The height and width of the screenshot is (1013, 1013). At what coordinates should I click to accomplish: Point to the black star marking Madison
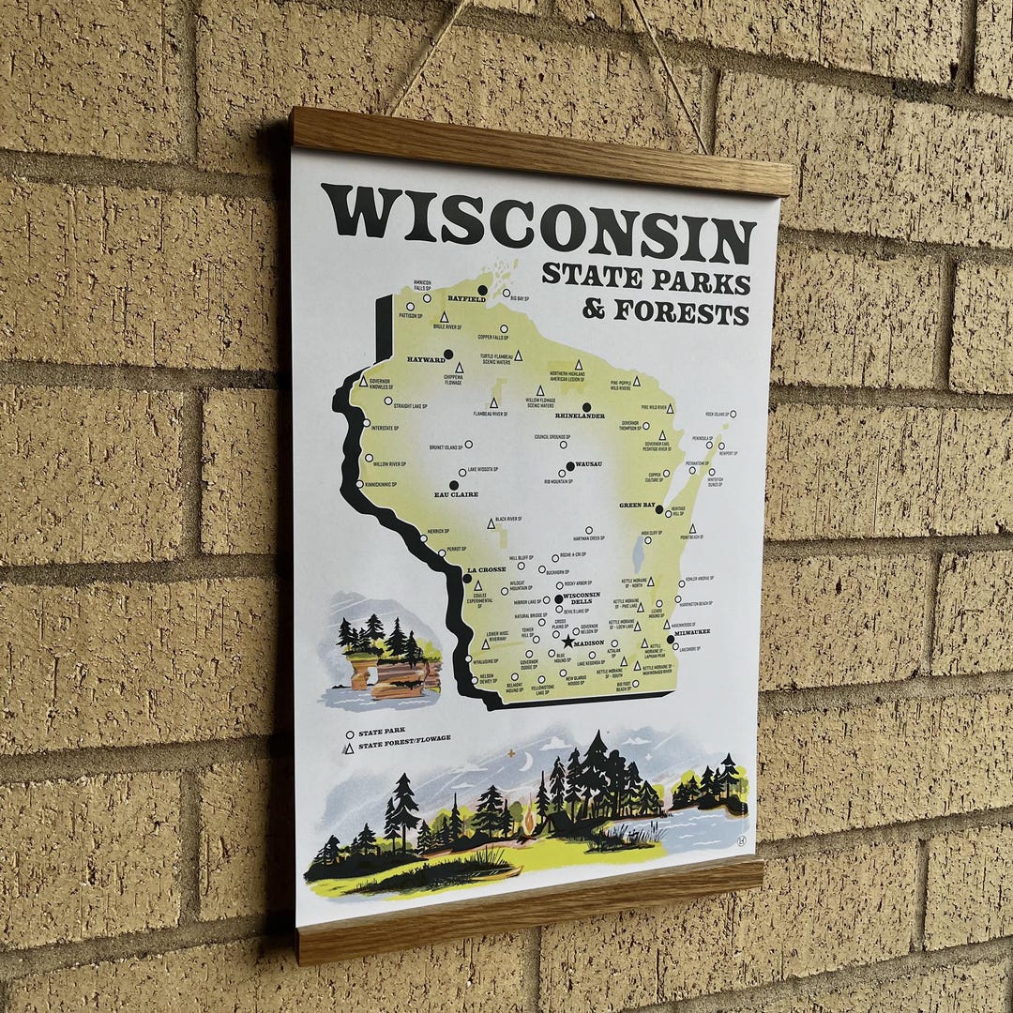(567, 643)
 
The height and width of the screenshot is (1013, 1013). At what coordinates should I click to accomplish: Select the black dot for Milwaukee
(671, 641)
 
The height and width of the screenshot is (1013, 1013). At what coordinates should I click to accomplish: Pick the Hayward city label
(426, 359)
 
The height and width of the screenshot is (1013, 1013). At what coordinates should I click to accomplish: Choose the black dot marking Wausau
(569, 465)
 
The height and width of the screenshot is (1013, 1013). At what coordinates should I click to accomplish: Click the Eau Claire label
(456, 494)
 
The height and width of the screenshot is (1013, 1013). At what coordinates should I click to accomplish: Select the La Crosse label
(486, 569)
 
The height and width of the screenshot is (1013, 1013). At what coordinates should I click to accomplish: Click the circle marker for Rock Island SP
(733, 414)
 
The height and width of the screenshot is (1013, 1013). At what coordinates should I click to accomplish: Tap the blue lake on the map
(639, 554)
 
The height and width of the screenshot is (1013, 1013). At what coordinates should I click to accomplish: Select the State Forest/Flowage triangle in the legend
(349, 748)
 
